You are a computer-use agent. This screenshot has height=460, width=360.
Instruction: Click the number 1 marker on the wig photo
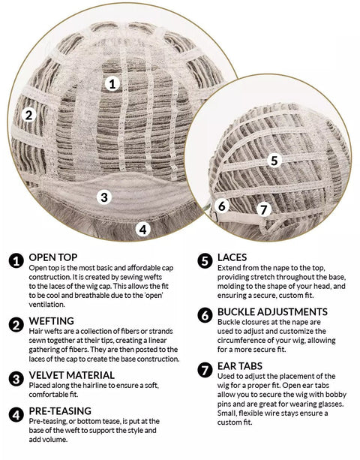(x=112, y=84)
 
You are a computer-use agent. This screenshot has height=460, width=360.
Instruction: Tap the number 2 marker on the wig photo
(x=28, y=115)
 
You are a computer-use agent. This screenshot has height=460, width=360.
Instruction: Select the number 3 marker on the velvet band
(x=104, y=197)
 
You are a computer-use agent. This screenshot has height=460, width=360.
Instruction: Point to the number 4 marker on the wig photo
(x=142, y=230)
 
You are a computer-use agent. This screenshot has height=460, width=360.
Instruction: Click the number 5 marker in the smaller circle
(x=274, y=161)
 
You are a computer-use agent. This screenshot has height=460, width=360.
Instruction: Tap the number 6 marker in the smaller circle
(x=222, y=206)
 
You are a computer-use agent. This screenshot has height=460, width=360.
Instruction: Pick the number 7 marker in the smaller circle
(x=264, y=210)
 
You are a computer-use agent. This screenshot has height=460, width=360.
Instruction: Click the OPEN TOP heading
(x=53, y=257)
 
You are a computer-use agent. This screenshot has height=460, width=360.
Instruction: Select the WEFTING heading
(x=51, y=321)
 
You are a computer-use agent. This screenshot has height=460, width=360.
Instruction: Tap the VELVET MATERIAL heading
(x=71, y=375)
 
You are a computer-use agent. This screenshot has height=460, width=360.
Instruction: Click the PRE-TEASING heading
(x=60, y=410)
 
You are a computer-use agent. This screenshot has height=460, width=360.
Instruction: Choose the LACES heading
(x=232, y=257)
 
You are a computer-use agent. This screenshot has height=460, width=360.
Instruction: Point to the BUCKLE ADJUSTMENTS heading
(x=272, y=311)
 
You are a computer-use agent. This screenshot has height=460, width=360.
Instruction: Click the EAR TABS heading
(x=240, y=366)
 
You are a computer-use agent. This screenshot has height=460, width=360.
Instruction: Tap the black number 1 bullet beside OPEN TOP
(x=16, y=261)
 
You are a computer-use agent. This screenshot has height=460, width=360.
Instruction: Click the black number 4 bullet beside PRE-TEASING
(x=16, y=414)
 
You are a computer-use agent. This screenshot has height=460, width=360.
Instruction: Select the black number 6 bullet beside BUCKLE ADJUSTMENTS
(x=205, y=315)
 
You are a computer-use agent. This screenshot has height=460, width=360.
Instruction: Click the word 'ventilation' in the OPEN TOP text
(x=47, y=305)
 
